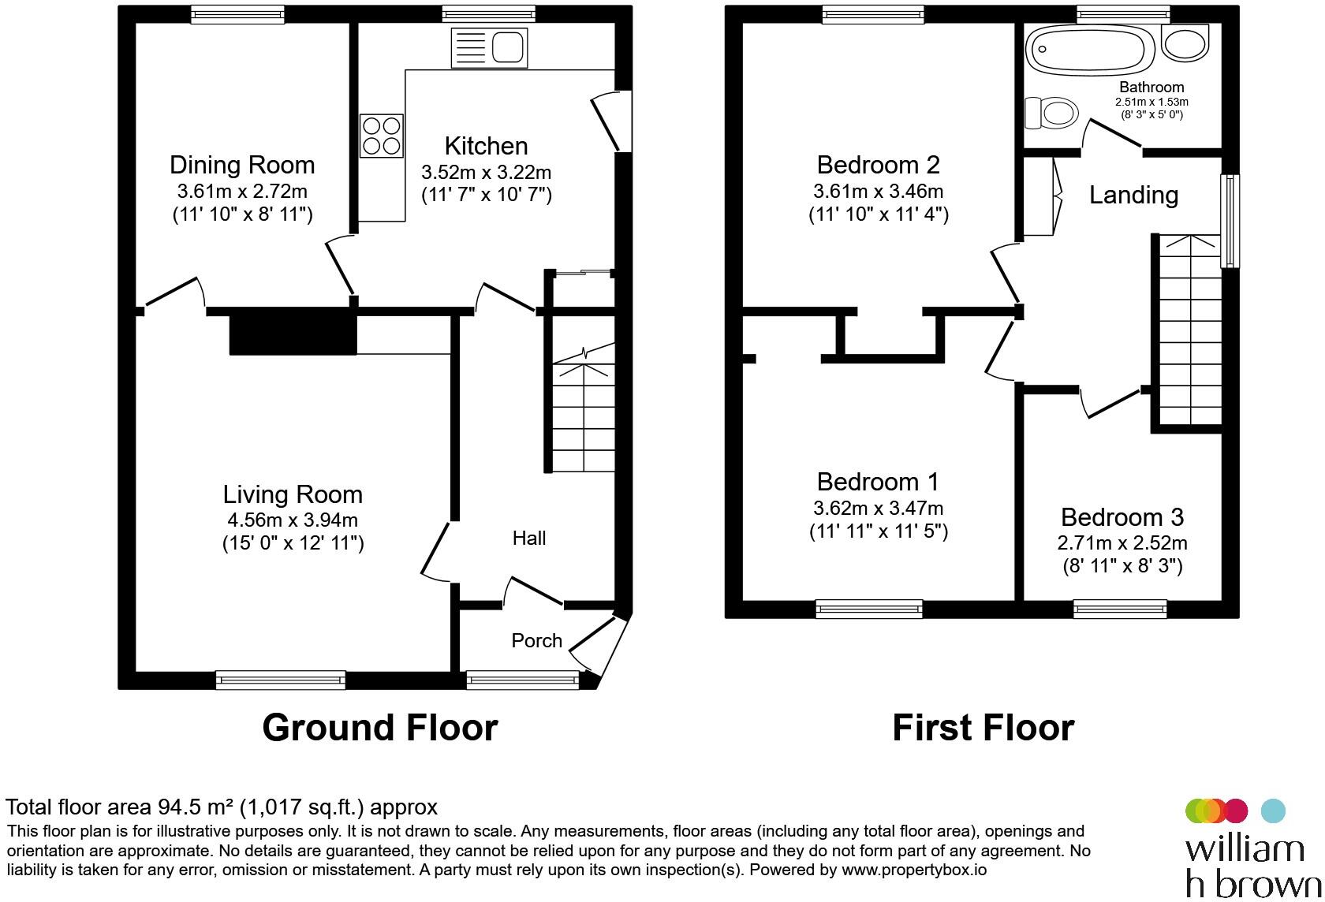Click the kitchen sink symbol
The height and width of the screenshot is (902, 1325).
(x=489, y=48)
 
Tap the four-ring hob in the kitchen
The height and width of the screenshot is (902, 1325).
(x=382, y=135)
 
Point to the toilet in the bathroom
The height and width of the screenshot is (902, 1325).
(x=1051, y=114)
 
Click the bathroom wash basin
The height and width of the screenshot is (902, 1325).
(x=1185, y=43)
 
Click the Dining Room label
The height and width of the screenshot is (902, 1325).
(x=242, y=165)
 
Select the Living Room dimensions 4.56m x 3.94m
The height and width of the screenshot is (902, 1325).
(x=292, y=520)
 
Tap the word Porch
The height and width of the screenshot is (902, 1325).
(x=536, y=640)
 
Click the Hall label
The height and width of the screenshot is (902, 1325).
(x=528, y=539)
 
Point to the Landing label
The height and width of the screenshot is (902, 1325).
(x=1133, y=195)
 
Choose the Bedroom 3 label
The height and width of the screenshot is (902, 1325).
(x=1122, y=517)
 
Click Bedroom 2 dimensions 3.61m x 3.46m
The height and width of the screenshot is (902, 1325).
(x=878, y=191)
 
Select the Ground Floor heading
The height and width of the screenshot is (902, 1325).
(x=379, y=728)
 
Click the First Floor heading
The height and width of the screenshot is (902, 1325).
(x=983, y=728)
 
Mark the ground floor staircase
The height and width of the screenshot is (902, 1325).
(x=582, y=410)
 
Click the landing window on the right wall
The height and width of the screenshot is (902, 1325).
(x=1230, y=221)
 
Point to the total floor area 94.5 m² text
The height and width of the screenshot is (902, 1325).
(x=221, y=807)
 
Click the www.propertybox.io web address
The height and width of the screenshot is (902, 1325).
(x=914, y=870)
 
